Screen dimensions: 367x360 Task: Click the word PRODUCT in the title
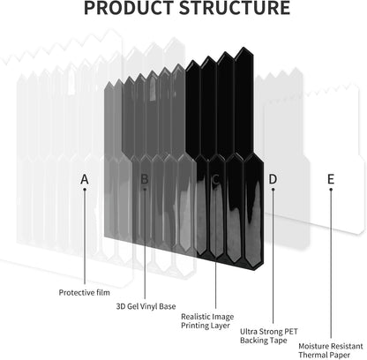[129, 8]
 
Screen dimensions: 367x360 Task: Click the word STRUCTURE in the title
[235, 8]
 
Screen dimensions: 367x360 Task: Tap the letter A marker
[85, 179]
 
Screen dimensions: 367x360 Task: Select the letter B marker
[145, 179]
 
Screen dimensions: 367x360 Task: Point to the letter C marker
[215, 179]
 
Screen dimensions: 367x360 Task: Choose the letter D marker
[273, 179]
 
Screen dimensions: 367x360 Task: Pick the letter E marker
[331, 179]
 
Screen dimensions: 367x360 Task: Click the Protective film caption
[85, 293]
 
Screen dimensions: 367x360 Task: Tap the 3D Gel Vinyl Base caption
[146, 306]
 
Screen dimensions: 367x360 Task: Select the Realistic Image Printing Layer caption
[207, 321]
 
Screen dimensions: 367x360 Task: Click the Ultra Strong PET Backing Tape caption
[269, 336]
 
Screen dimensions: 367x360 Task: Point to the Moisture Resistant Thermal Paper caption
[331, 350]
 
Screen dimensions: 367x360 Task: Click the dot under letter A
[85, 189]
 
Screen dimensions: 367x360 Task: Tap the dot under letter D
[273, 189]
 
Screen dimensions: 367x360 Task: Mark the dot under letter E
[331, 189]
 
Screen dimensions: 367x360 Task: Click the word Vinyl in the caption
[149, 306]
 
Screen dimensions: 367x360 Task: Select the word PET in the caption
[289, 332]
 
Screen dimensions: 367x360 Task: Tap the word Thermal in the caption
[313, 355]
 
